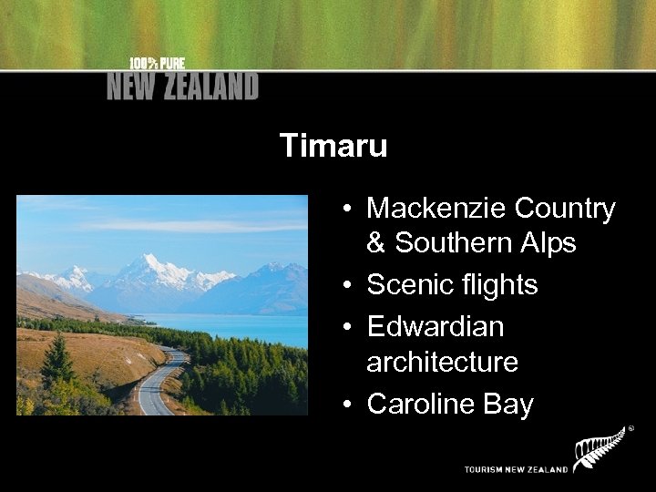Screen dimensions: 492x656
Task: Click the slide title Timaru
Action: pos(333,146)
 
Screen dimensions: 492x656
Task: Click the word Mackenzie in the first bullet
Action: pos(436,209)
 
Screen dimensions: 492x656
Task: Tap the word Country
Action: pos(565,209)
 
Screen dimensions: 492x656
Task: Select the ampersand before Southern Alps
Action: pos(376,243)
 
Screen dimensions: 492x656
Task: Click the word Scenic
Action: pos(406,285)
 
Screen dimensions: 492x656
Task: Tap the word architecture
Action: pos(442,362)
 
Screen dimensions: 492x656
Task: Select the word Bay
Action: pos(510,404)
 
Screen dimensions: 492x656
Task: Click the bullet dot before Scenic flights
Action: pos(349,286)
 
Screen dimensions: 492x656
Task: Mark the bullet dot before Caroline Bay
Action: pos(349,405)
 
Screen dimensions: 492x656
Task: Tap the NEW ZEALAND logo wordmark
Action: pos(182,87)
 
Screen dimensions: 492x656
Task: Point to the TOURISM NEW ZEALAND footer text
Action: pos(516,469)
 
